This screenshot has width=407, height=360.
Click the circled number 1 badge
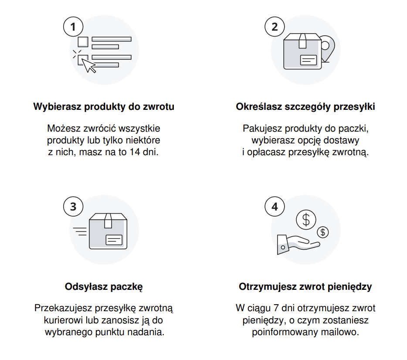(x=73, y=27)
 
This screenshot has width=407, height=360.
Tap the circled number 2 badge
(x=275, y=27)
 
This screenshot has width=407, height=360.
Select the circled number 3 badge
(x=73, y=207)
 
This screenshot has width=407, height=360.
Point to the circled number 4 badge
(x=275, y=207)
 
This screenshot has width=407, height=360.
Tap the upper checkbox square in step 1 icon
(x=83, y=42)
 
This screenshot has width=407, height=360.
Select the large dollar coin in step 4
(x=306, y=220)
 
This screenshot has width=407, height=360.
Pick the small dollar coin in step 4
(x=322, y=232)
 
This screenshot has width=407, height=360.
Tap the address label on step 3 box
(x=114, y=240)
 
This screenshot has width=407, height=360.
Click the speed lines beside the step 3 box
(x=80, y=231)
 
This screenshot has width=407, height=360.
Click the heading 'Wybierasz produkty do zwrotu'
(x=104, y=107)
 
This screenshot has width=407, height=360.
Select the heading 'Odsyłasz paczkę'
(x=104, y=287)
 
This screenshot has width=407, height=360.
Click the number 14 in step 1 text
(x=135, y=152)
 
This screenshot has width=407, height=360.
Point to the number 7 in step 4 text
(x=276, y=308)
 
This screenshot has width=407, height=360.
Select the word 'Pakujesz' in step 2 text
(x=262, y=129)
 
